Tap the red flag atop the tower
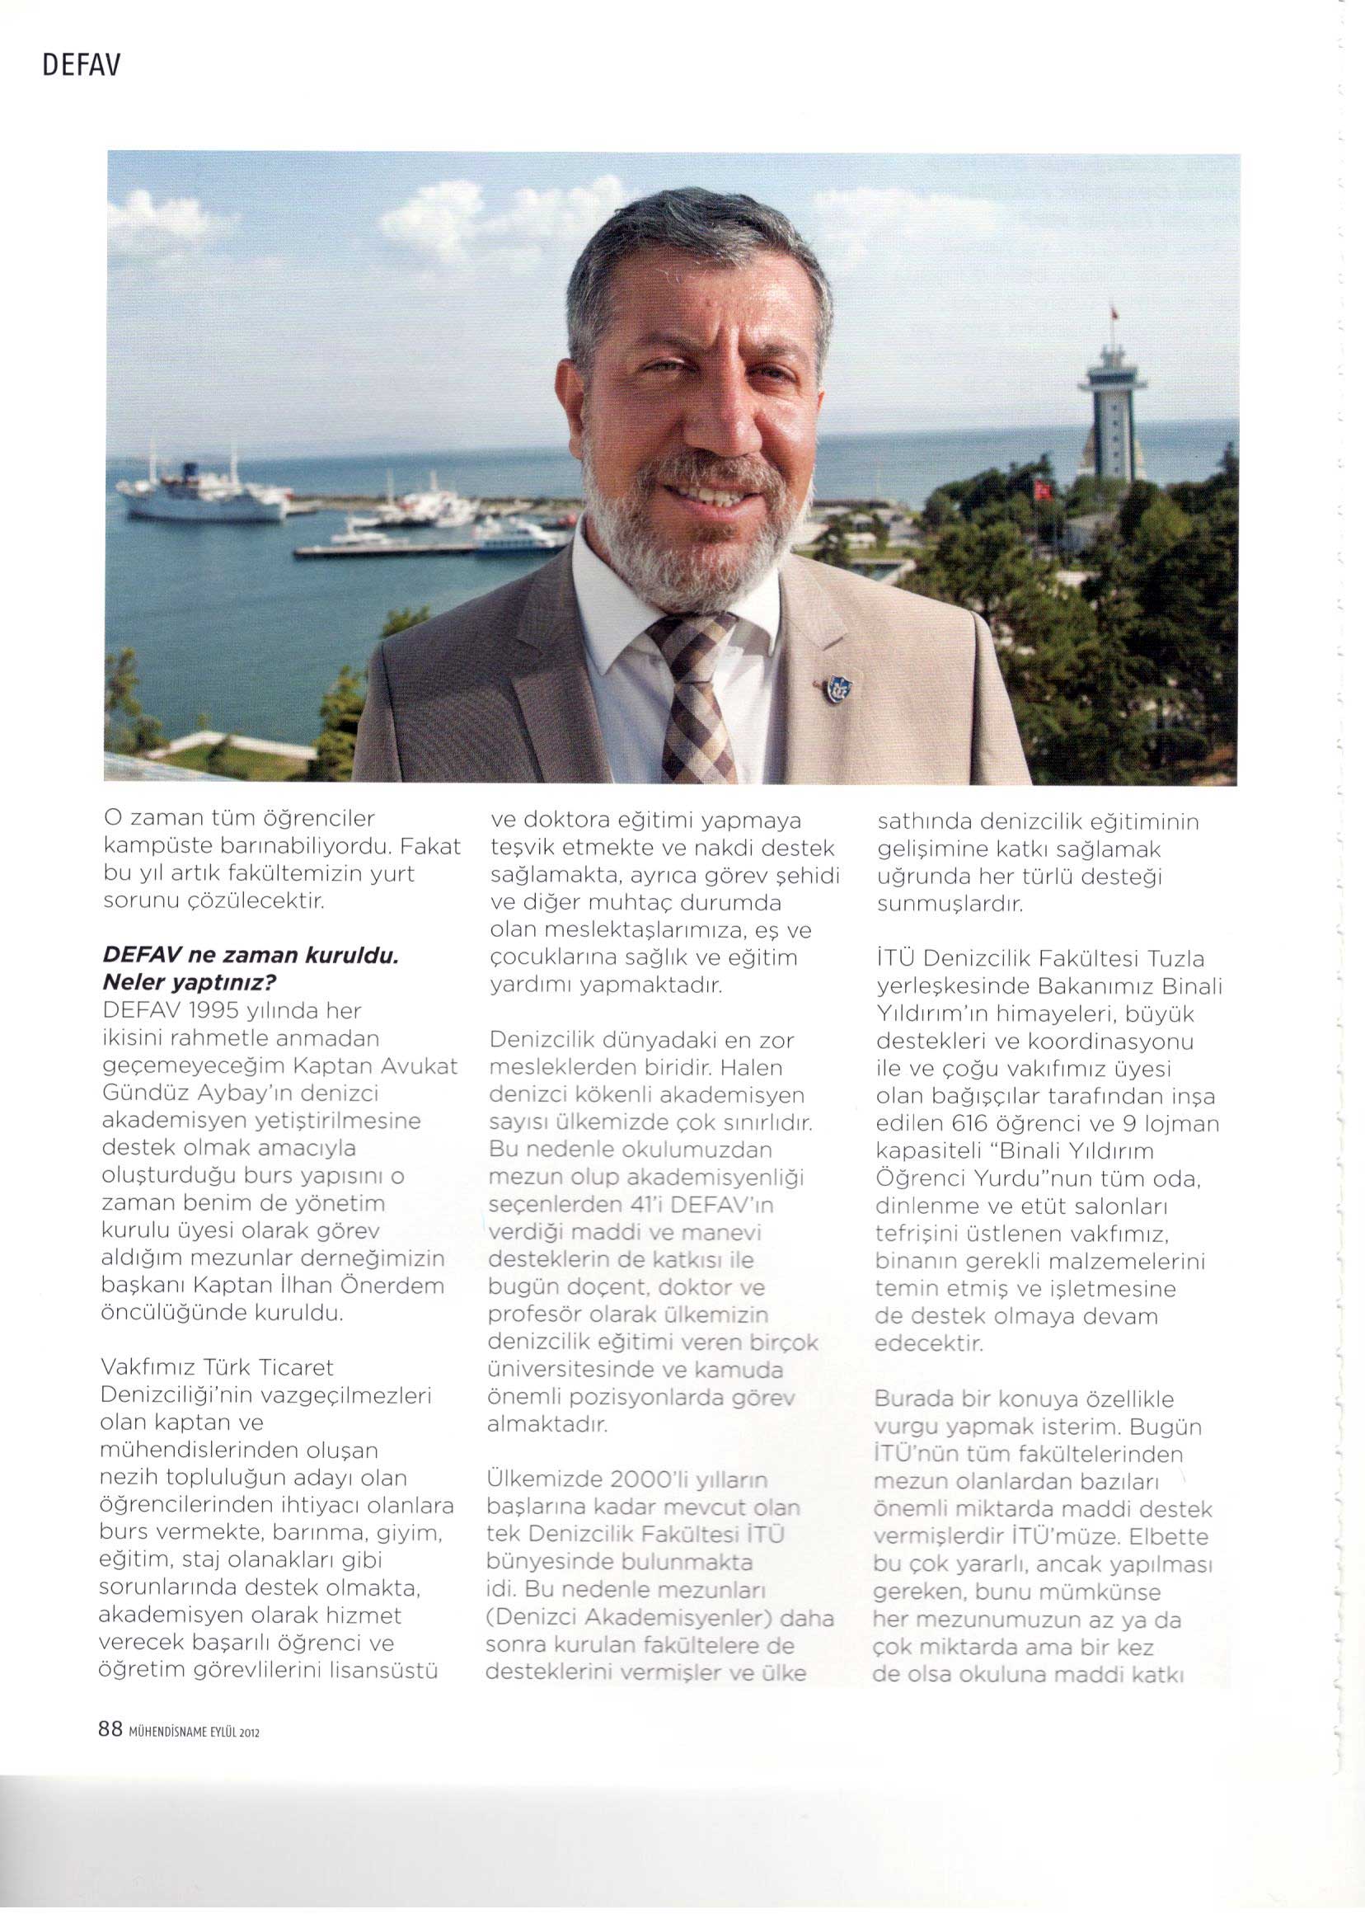point(1114,313)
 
